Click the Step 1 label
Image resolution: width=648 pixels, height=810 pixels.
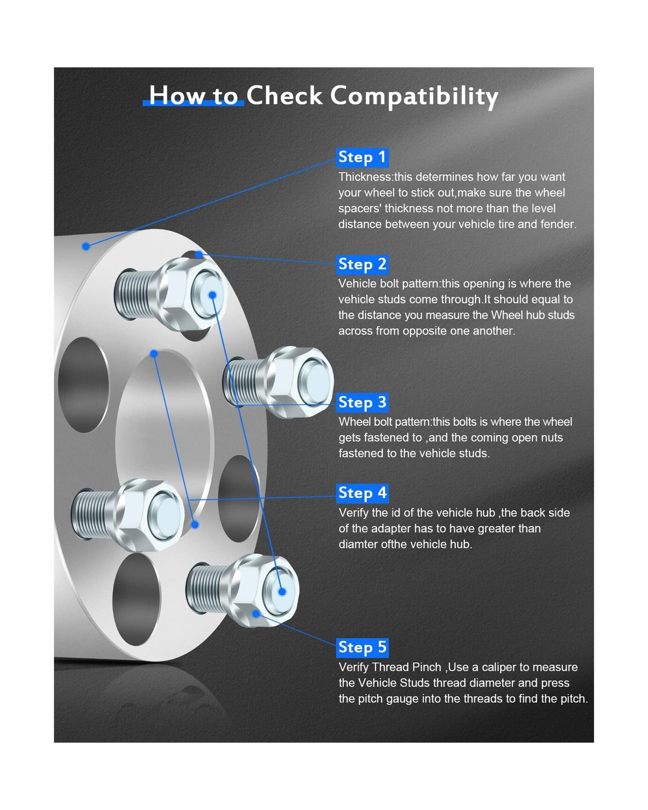pos(362,157)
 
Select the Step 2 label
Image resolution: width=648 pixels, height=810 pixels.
pos(362,264)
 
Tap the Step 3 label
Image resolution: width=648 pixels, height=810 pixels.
pos(362,402)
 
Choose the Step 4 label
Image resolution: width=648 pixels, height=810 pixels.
pos(362,493)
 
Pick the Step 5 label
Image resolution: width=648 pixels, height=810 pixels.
pos(362,647)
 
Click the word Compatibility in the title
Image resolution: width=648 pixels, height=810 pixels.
pos(414,96)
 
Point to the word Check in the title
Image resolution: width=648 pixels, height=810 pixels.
pos(284,95)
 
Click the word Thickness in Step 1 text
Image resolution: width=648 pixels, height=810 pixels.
pos(364,177)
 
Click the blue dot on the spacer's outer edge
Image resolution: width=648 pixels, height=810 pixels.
pos(86,247)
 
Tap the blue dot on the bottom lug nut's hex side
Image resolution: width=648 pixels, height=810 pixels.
pos(256,614)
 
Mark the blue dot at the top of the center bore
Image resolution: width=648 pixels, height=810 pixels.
pos(154,353)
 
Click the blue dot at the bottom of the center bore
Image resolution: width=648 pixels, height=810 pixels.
pos(195,524)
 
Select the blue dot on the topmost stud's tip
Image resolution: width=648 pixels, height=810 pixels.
pos(212,295)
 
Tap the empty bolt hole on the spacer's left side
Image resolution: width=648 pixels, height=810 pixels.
pos(83,385)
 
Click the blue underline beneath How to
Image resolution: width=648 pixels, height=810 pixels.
pos(193,103)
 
